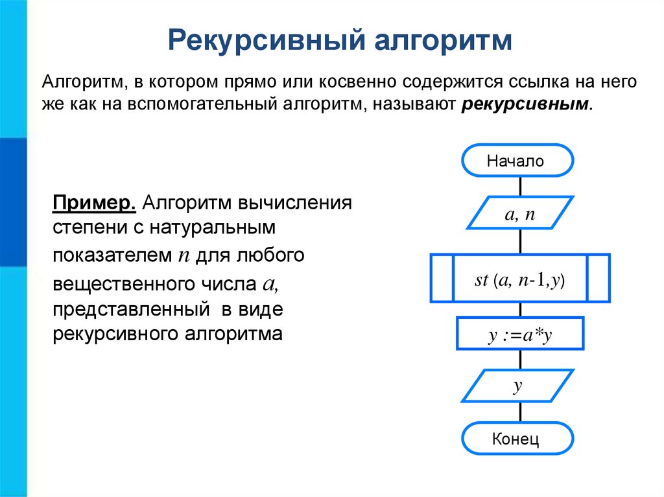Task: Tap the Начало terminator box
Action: point(517,161)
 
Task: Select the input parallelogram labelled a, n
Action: point(519,213)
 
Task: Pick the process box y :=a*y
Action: point(519,334)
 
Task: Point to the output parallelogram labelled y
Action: point(519,386)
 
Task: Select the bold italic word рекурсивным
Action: point(526,105)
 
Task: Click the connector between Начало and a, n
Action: point(519,185)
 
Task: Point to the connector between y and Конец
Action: point(519,413)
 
